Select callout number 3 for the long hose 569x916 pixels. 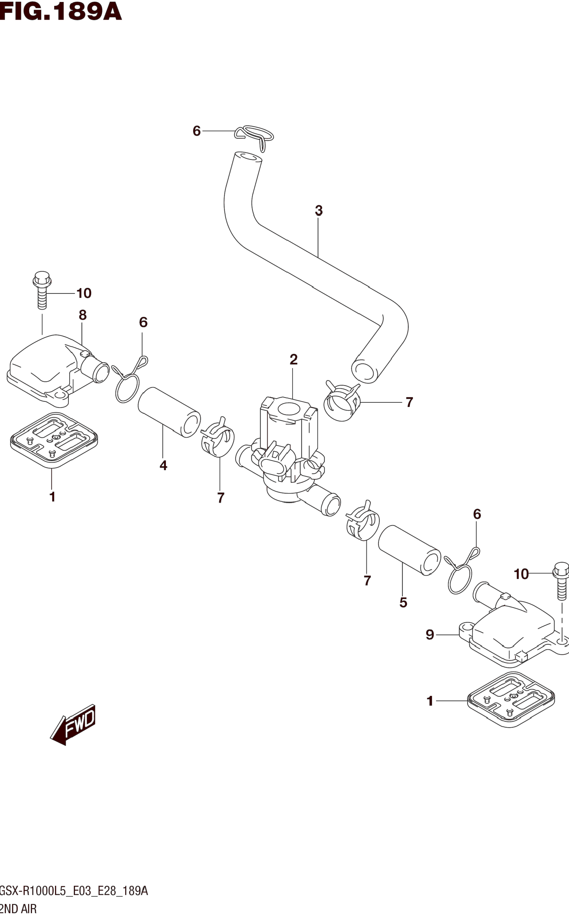pos(319,211)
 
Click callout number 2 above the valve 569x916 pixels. pos(294,360)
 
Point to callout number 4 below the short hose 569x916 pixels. pos(163,466)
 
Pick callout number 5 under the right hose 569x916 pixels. pos(403,602)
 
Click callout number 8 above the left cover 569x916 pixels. pos(83,315)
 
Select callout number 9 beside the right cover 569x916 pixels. pos(430,635)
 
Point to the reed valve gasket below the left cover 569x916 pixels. pos(54,440)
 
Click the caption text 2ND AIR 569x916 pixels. pos(18,909)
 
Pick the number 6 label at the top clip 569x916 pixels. pos(196,131)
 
